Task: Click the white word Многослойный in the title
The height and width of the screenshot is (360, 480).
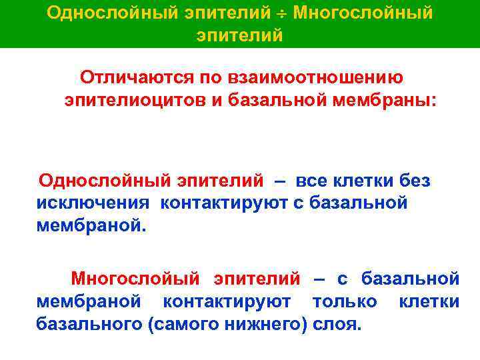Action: tap(363, 13)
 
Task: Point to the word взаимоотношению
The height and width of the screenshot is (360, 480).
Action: tap(313, 77)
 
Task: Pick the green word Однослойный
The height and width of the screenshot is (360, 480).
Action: tap(104, 181)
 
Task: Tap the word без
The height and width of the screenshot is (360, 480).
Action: tap(414, 181)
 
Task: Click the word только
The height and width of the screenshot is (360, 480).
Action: tap(344, 301)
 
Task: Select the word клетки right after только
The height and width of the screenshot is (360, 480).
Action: tap(429, 301)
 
